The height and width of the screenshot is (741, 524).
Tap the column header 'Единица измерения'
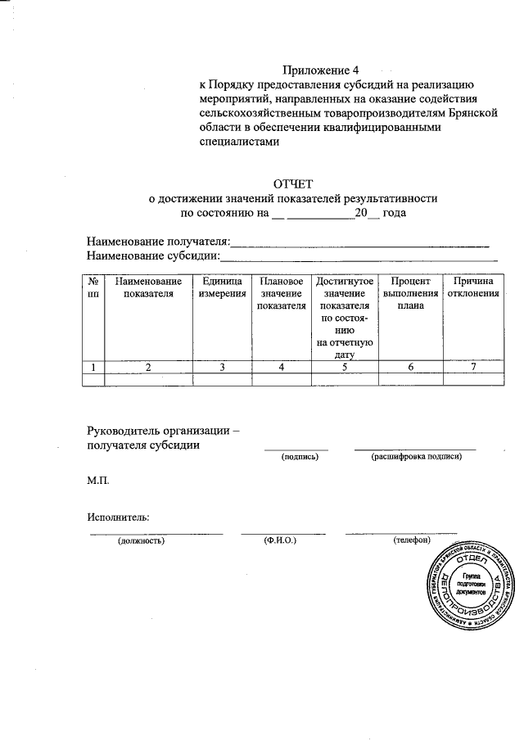tap(222, 287)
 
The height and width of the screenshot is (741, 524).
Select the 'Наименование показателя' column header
tap(148, 287)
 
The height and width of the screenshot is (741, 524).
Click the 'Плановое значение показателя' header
tap(281, 293)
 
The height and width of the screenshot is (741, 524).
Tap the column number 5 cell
tap(345, 367)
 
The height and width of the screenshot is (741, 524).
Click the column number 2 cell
tap(148, 367)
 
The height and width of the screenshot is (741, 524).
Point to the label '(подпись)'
tap(299, 456)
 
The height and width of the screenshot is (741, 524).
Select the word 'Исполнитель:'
tap(118, 517)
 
